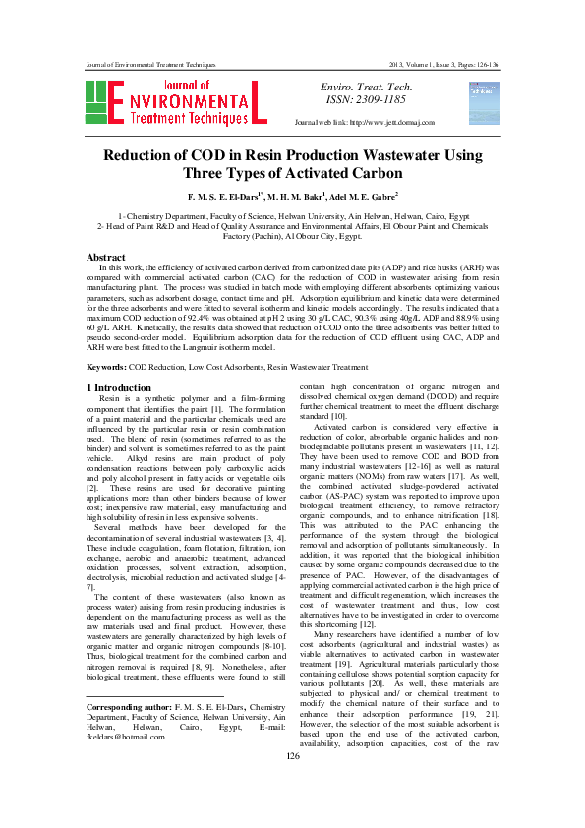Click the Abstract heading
point(107,258)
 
